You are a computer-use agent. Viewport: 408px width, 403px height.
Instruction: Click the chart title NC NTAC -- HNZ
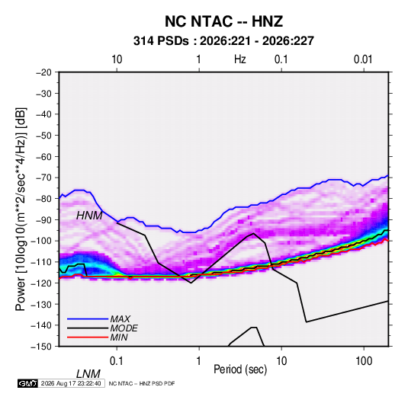pyautogui.click(x=223, y=21)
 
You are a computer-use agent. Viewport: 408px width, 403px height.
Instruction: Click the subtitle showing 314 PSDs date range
pyautogui.click(x=223, y=41)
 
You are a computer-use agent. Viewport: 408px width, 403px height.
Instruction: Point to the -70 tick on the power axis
pyautogui.click(x=43, y=178)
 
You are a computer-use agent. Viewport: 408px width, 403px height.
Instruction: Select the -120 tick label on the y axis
pyautogui.click(x=41, y=283)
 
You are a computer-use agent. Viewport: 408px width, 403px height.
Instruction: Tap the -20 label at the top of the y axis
pyautogui.click(x=43, y=72)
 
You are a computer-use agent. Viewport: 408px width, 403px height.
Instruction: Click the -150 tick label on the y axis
pyautogui.click(x=41, y=347)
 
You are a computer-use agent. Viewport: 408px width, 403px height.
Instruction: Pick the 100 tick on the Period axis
pyautogui.click(x=363, y=361)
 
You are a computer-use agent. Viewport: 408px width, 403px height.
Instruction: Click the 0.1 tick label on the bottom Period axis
pyautogui.click(x=117, y=361)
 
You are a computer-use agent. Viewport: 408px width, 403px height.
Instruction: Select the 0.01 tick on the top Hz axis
pyautogui.click(x=363, y=59)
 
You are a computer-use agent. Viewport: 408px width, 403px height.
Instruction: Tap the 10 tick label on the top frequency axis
pyautogui.click(x=117, y=59)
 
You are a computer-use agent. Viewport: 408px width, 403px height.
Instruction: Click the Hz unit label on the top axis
pyautogui.click(x=240, y=59)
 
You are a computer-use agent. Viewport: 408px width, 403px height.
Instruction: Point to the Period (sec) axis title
pyautogui.click(x=240, y=369)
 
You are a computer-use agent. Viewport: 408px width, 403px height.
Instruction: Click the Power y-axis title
pyautogui.click(x=21, y=209)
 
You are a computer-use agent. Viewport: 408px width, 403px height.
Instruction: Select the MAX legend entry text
pyautogui.click(x=120, y=319)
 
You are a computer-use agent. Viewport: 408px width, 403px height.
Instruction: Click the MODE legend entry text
pyautogui.click(x=124, y=328)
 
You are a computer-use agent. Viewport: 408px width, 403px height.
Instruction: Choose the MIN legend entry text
pyautogui.click(x=119, y=337)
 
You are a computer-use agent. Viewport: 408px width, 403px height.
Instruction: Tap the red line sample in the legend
pyautogui.click(x=88, y=337)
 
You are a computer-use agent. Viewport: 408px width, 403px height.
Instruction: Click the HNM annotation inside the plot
pyautogui.click(x=89, y=216)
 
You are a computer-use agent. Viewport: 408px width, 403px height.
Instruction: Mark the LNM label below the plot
pyautogui.click(x=88, y=374)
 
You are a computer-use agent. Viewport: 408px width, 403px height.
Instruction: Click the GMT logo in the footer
pyautogui.click(x=28, y=383)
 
